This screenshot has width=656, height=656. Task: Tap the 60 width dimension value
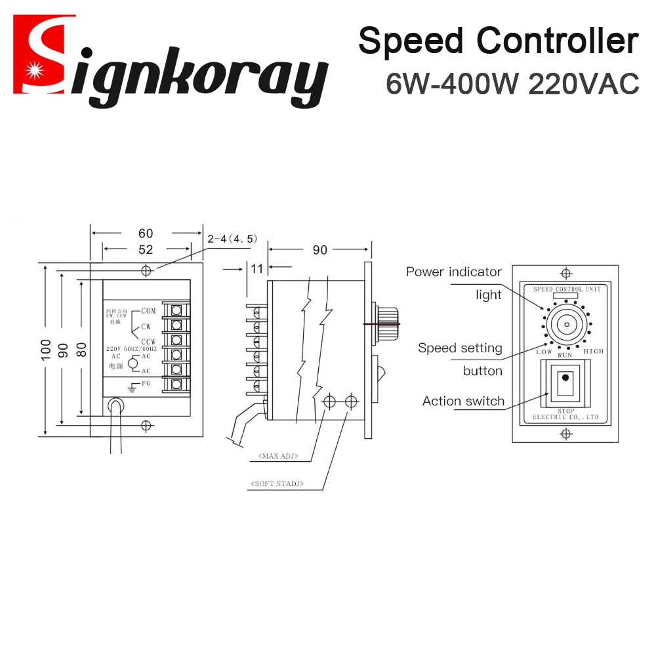(x=146, y=234)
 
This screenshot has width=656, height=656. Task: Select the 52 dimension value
(x=146, y=250)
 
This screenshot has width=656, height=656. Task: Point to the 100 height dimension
(x=45, y=350)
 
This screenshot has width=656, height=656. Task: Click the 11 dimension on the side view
(x=256, y=268)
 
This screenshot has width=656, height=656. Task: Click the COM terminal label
(x=148, y=311)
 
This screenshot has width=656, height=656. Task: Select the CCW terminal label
(x=148, y=341)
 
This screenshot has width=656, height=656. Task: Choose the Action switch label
(x=463, y=401)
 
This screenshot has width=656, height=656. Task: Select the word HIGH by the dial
(x=593, y=352)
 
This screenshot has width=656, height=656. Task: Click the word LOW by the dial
(x=544, y=352)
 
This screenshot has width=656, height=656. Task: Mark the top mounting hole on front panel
(x=565, y=272)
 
